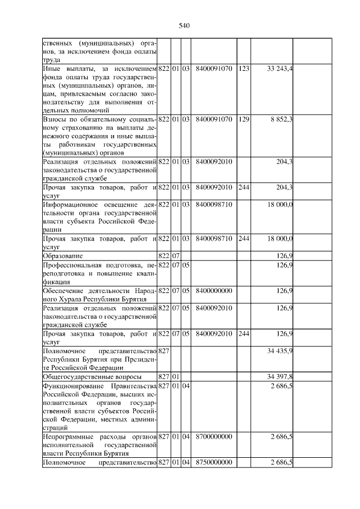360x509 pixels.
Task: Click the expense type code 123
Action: (x=244, y=69)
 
